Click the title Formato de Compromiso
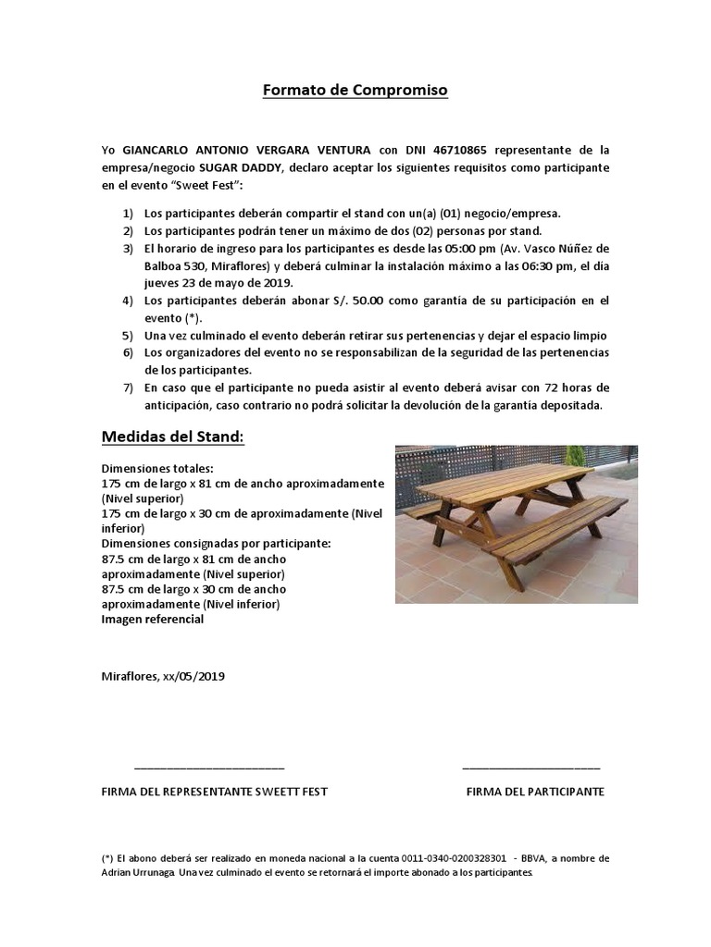tap(355, 91)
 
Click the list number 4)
tap(128, 301)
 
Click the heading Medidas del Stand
tap(172, 436)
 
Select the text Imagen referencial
tap(152, 620)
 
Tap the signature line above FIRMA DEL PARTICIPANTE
tap(530, 768)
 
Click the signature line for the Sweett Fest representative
tap(209, 768)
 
